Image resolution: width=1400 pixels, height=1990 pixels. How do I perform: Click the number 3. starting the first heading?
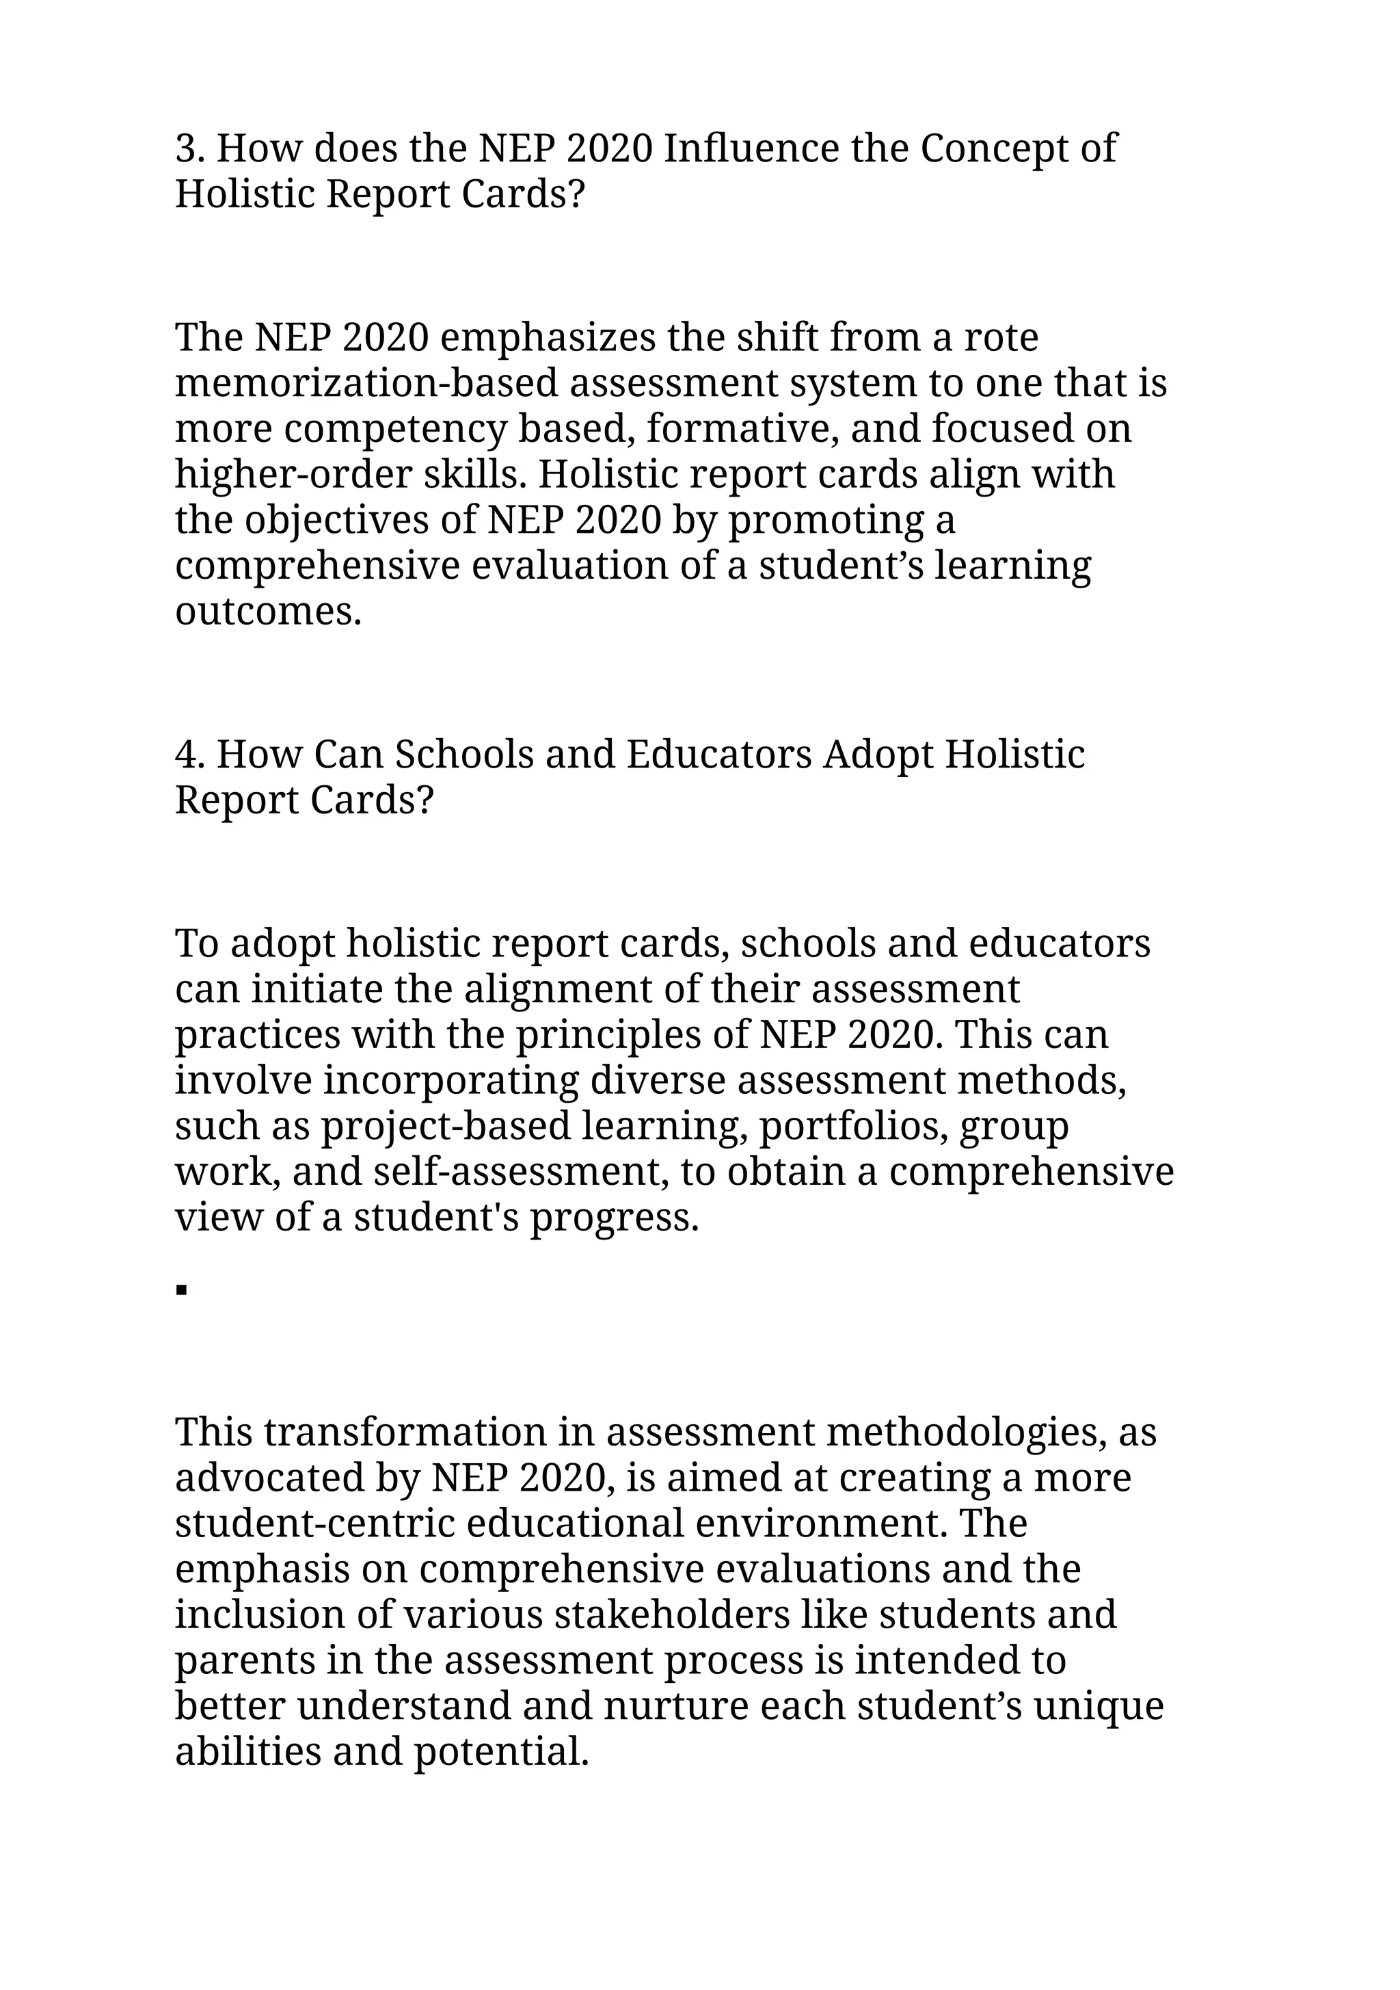(x=190, y=148)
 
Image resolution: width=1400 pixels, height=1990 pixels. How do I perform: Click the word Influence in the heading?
(x=751, y=148)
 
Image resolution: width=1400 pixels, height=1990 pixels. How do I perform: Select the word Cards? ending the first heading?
(x=523, y=194)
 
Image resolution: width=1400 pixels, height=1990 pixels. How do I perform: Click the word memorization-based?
(x=366, y=383)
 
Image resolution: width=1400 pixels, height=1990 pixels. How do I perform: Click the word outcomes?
(x=268, y=612)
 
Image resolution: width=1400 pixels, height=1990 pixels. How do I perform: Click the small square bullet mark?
(x=181, y=1291)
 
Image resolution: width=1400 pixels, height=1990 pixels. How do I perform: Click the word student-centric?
(x=314, y=1523)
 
